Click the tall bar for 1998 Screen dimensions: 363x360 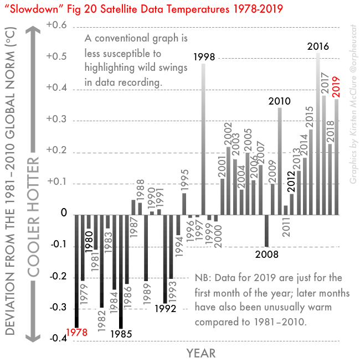point(203,138)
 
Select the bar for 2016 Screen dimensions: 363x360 point(317,133)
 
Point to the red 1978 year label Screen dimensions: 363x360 point(77,333)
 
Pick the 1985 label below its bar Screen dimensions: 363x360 point(121,334)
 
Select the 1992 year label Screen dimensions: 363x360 point(165,308)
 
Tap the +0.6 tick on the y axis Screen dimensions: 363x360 point(56,26)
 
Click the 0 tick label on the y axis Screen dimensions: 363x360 point(64,214)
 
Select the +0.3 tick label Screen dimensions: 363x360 point(56,120)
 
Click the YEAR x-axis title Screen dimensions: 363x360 point(200,353)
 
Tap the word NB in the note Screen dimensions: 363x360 point(203,278)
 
